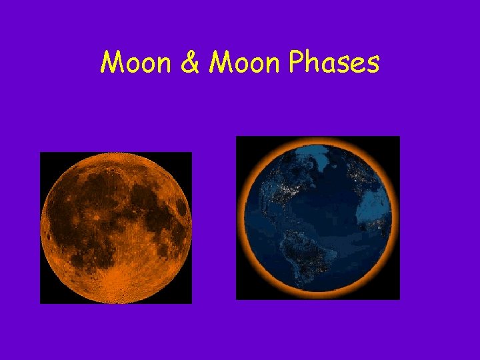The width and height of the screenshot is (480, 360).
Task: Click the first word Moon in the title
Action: click(131, 63)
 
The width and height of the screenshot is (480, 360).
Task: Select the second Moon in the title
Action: click(239, 63)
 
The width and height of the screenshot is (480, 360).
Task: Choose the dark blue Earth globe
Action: click(318, 218)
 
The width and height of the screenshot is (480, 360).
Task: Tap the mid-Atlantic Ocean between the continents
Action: click(330, 213)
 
